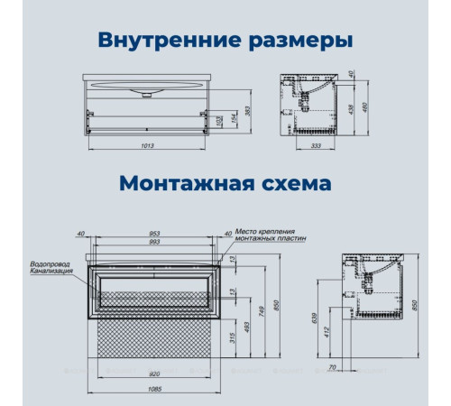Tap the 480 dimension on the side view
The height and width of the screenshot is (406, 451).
pyautogui.click(x=391, y=106)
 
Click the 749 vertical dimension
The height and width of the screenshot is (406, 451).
pyautogui.click(x=261, y=310)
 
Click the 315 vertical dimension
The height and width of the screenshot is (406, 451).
pyautogui.click(x=234, y=337)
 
